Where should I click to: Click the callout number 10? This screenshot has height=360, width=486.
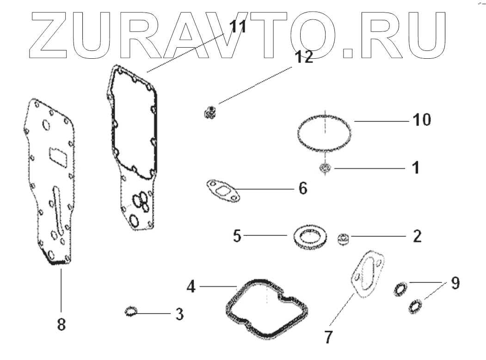click(x=421, y=120)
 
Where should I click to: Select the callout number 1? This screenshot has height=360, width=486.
click(x=415, y=167)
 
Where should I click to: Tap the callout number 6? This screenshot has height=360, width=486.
click(x=302, y=189)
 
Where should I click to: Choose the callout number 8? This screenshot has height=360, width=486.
click(x=61, y=324)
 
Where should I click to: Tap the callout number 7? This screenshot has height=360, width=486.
click(x=328, y=336)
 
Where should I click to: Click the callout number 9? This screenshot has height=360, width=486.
click(x=455, y=283)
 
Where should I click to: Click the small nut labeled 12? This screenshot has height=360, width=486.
click(x=210, y=112)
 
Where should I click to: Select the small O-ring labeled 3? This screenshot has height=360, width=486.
click(x=131, y=312)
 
